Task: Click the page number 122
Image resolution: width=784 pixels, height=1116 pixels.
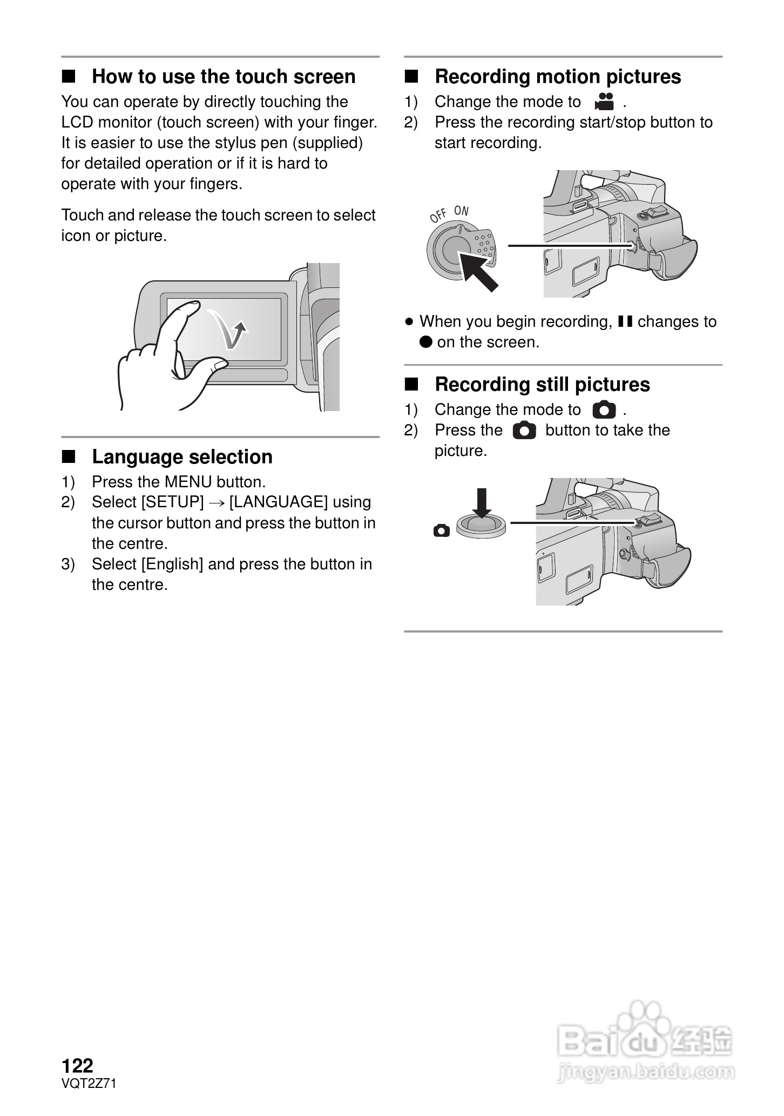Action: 78,1065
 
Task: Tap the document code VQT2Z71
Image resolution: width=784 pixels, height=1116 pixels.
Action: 89,1083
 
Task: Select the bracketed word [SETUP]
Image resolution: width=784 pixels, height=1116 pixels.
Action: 172,502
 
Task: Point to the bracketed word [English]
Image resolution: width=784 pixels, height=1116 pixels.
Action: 172,564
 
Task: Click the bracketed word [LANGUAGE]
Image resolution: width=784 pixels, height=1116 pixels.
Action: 278,502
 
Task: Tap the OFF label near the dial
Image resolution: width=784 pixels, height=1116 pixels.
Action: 438,216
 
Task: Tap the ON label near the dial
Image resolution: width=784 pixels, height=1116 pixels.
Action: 462,211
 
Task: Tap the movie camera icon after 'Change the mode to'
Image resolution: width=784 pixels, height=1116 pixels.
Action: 604,101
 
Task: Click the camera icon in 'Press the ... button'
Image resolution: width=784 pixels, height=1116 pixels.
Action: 524,431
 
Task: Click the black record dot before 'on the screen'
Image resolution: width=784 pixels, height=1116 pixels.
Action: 426,342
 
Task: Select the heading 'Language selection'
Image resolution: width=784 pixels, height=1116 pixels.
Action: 182,457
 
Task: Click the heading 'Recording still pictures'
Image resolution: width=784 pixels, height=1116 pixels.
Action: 542,385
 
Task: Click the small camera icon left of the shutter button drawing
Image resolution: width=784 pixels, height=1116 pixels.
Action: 441,531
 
